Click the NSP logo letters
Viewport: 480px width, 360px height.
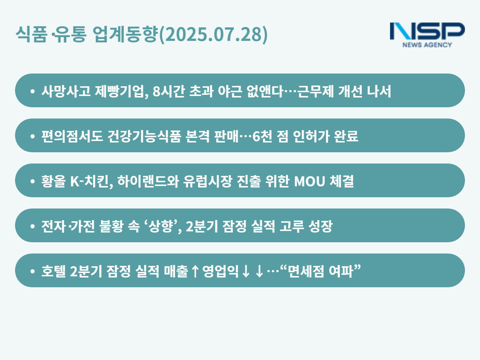coord(427,31)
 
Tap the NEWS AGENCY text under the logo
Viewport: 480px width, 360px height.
coord(427,45)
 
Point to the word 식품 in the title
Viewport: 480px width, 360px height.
coord(31,34)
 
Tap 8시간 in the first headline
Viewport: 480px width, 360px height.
coord(168,91)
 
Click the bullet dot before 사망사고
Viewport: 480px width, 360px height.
coord(33,91)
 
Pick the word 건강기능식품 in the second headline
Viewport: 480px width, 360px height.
coord(144,136)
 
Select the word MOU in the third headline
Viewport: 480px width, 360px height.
coord(309,181)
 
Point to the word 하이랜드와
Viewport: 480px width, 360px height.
coord(148,181)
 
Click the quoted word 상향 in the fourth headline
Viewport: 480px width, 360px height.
coord(160,226)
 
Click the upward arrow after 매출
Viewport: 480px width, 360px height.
coord(195,271)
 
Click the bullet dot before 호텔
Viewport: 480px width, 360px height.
coord(33,271)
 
